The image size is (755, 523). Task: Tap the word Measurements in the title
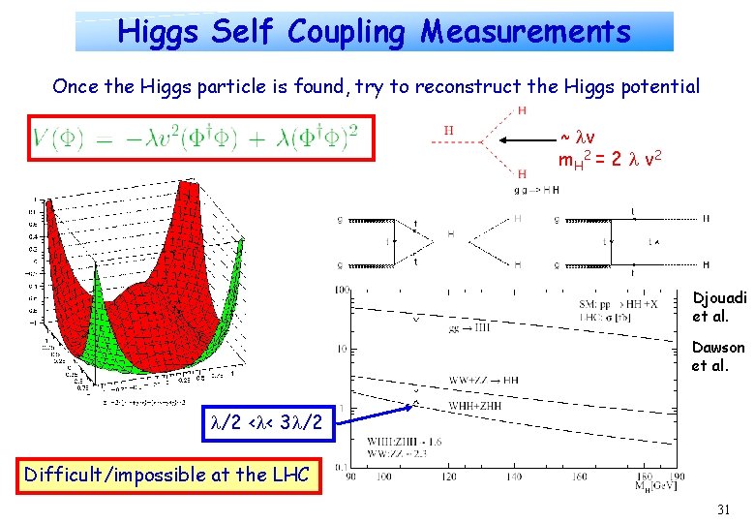(x=525, y=32)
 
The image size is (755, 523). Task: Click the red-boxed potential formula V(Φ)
(x=200, y=142)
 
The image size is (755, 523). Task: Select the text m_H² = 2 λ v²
(x=613, y=158)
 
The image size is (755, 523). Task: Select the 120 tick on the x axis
(x=447, y=477)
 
